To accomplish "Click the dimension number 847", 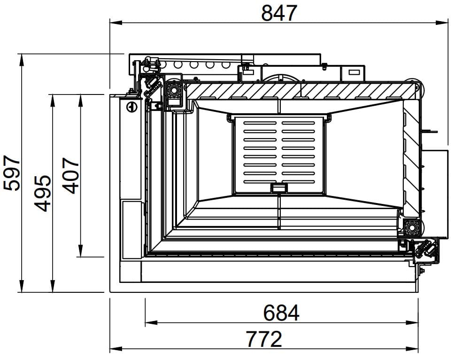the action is tap(279, 13).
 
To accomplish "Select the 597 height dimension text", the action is tap(12, 173).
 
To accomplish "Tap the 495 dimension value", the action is tap(43, 193).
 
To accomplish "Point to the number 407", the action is tap(71, 176).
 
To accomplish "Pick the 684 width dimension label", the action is tap(281, 313).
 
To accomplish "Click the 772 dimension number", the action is tap(264, 339).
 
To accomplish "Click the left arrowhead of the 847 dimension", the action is tap(116, 23).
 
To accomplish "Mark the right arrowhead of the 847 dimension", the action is tap(442, 23).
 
